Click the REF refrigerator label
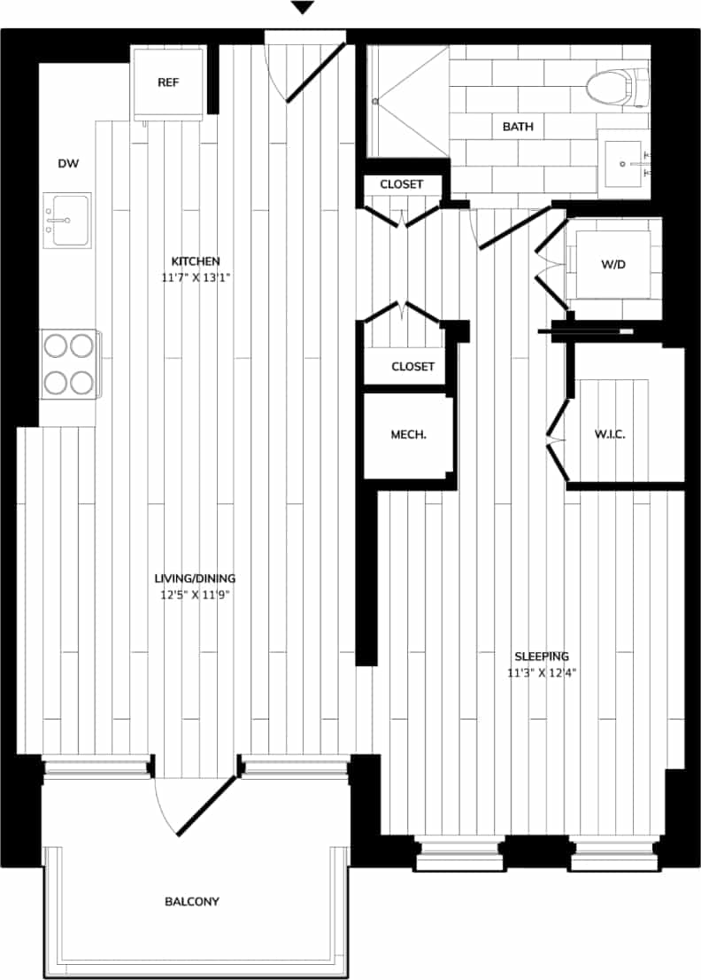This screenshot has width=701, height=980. point(168,82)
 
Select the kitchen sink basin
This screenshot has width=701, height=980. point(70,220)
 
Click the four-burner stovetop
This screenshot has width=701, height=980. point(70,363)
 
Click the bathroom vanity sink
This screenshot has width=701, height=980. point(626,163)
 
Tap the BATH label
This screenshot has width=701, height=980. point(518,127)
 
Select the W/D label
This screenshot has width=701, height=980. point(612,265)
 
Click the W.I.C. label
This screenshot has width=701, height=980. point(611,435)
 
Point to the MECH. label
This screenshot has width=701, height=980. point(409,435)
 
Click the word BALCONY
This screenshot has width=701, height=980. point(192,902)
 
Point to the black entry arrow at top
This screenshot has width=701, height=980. point(303,8)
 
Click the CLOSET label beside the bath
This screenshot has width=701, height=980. point(401,184)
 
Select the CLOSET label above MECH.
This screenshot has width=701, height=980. point(412,366)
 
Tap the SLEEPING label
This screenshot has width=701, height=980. point(542,657)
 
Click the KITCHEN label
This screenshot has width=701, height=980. point(196,261)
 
